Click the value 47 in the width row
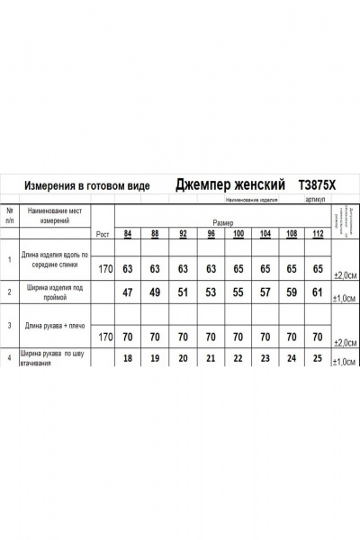[x=129, y=292]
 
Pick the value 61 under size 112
[x=317, y=292]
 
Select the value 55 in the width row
[x=238, y=292]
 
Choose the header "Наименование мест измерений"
[x=60, y=214]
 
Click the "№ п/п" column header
[x=10, y=214]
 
